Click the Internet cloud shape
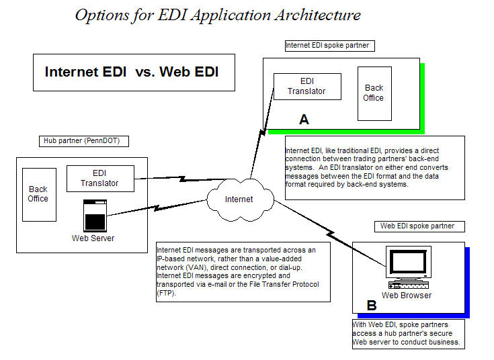[x=239, y=199]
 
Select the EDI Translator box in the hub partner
[x=100, y=178]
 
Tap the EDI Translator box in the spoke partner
[x=307, y=87]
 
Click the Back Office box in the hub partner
[x=38, y=194]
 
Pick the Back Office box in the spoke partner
[x=374, y=93]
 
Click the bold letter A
[x=304, y=120]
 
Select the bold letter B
[x=372, y=306]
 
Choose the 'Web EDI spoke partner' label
[x=417, y=226]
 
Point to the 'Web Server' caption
[x=93, y=238]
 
